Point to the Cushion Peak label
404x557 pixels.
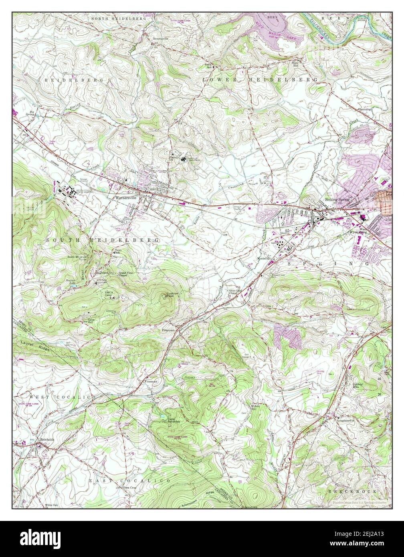(x=173, y=295)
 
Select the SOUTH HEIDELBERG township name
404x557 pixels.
(x=102, y=240)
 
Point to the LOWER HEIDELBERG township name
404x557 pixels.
(x=260, y=80)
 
